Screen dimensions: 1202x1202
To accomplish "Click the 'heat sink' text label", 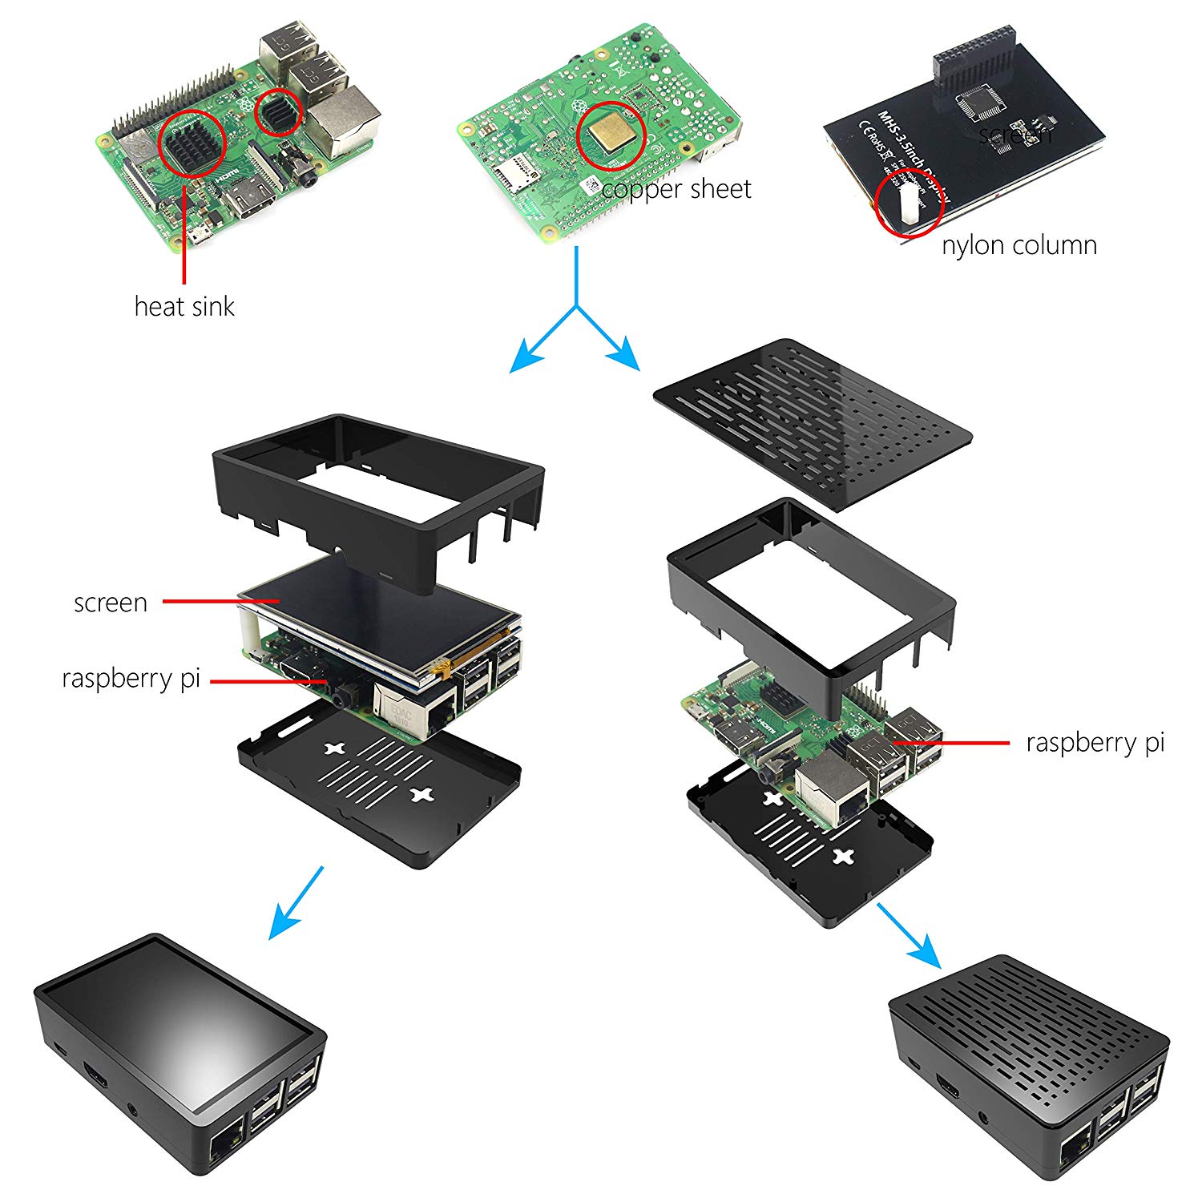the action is click(x=184, y=306).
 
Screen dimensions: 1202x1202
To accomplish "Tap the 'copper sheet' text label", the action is click(x=676, y=189).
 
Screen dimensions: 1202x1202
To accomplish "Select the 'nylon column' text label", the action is click(x=1019, y=245).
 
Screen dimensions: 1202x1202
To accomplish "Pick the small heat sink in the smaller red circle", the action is click(x=278, y=113).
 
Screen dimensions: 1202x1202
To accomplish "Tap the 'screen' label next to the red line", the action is click(x=111, y=603).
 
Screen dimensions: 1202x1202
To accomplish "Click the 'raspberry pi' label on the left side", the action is click(x=131, y=678).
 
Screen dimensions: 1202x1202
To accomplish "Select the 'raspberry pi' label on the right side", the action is click(x=1095, y=743).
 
